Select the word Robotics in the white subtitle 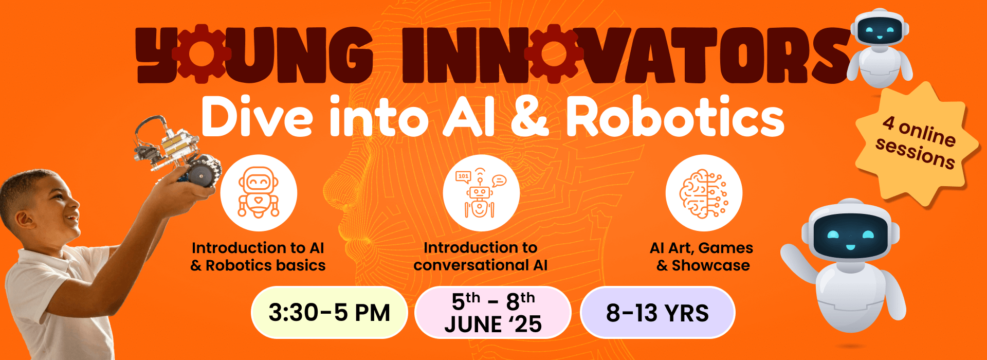(x=675, y=118)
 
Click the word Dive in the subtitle (x=257, y=118)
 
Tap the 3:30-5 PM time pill (x=330, y=313)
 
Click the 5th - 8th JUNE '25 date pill (x=493, y=313)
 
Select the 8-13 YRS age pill (x=657, y=313)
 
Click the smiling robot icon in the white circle (x=259, y=193)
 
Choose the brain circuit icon (x=704, y=193)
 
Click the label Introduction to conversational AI (x=481, y=257)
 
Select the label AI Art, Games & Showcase (x=702, y=257)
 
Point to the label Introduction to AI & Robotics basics (x=258, y=257)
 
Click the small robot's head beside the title (x=880, y=29)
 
